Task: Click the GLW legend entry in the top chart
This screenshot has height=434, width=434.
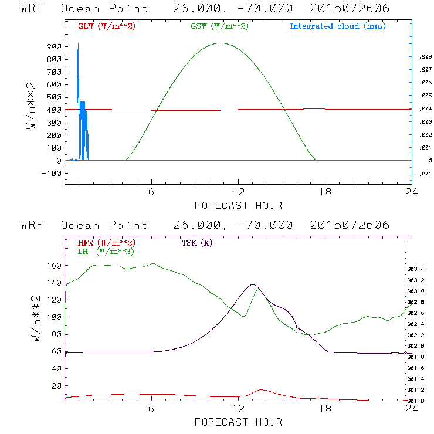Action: pyautogui.click(x=106, y=26)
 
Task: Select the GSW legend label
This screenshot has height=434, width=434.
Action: pyautogui.click(x=219, y=26)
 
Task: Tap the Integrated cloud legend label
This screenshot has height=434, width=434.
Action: pyautogui.click(x=337, y=26)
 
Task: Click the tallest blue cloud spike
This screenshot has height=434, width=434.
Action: pyautogui.click(x=78, y=44)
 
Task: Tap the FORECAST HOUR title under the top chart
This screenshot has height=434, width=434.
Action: pyautogui.click(x=238, y=205)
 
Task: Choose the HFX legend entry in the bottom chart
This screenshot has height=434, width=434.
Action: pyautogui.click(x=106, y=243)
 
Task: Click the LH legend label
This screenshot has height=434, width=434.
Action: pyautogui.click(x=106, y=251)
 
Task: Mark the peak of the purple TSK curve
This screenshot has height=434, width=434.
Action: pyautogui.click(x=253, y=285)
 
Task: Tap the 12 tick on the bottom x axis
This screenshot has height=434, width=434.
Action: pyautogui.click(x=238, y=409)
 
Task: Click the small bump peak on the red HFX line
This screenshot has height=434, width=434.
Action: pyautogui.click(x=260, y=390)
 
